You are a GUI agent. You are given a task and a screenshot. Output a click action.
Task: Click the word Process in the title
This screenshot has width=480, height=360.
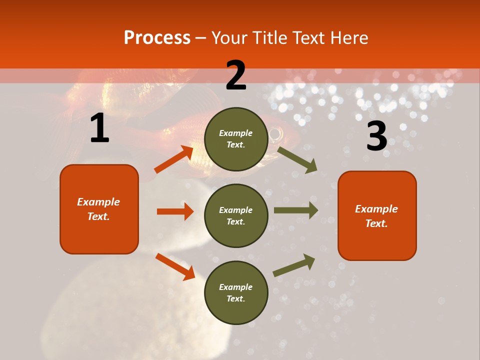pyautogui.click(x=157, y=38)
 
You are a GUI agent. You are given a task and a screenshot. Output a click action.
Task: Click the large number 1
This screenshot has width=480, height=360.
pyautogui.click(x=99, y=128)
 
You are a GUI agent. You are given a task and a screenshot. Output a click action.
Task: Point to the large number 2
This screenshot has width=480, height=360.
pyautogui.click(x=236, y=75)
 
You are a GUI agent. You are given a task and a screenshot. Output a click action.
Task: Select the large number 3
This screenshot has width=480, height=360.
pyautogui.click(x=376, y=136)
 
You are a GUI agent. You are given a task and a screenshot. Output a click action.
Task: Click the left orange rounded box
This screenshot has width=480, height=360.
pyautogui.click(x=99, y=209)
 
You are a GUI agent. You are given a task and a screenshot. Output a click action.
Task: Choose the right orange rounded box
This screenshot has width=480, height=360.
pyautogui.click(x=377, y=216)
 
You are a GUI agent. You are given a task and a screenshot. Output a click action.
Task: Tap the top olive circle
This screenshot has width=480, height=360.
pyautogui.click(x=236, y=139)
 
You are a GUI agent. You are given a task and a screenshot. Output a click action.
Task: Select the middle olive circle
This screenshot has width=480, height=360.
pyautogui.click(x=236, y=216)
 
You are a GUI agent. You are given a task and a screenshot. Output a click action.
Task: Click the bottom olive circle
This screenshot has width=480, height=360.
pyautogui.click(x=236, y=293)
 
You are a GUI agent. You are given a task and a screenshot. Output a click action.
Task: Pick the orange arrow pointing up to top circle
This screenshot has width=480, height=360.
pyautogui.click(x=174, y=159)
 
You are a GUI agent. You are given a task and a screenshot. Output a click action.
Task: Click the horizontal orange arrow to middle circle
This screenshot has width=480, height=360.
pyautogui.click(x=175, y=211)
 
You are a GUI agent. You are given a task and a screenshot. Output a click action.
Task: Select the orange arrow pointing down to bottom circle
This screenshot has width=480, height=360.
pyautogui.click(x=175, y=266)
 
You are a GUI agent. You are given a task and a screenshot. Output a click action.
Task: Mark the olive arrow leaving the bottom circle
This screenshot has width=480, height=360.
pyautogui.click(x=294, y=265)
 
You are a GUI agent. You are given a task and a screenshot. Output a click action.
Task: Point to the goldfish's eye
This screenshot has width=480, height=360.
pyautogui.click(x=275, y=133)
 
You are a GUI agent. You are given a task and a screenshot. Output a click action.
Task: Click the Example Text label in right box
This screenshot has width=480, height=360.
pyautogui.click(x=376, y=216)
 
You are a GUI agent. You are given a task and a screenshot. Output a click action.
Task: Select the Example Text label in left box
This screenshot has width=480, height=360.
pyautogui.click(x=98, y=209)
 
